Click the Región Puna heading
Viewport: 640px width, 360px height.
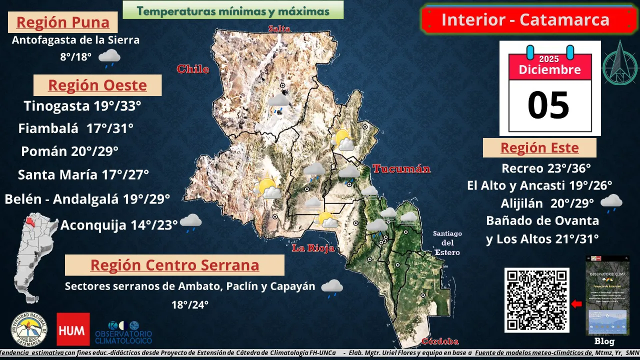click(x=63, y=22)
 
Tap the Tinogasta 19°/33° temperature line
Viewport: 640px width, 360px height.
click(x=82, y=106)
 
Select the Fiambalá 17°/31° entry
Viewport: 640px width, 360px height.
click(x=76, y=128)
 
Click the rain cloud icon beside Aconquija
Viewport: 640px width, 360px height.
click(x=191, y=222)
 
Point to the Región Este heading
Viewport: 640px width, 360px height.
click(x=539, y=148)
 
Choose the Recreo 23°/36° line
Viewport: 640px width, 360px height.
click(x=546, y=168)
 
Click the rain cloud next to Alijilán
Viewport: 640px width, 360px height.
click(x=611, y=202)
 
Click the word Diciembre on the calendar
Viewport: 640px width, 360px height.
click(x=549, y=69)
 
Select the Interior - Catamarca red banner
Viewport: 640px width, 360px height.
click(x=525, y=20)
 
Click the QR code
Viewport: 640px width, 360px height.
click(x=536, y=300)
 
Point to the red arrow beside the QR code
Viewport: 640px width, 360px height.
click(x=576, y=303)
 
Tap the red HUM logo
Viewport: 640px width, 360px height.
click(x=73, y=329)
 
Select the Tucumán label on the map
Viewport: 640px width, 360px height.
click(x=401, y=169)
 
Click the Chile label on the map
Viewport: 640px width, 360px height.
click(x=192, y=69)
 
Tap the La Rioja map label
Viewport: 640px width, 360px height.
click(x=313, y=247)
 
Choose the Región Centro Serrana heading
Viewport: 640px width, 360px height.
click(x=174, y=265)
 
